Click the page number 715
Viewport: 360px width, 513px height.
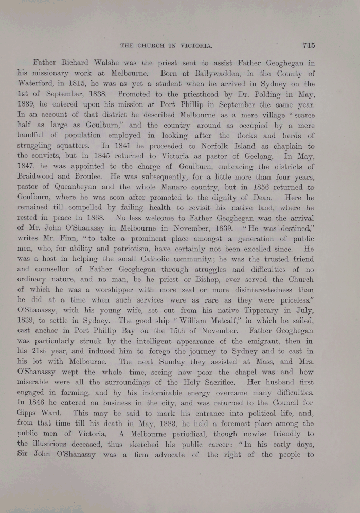pos(309,45)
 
